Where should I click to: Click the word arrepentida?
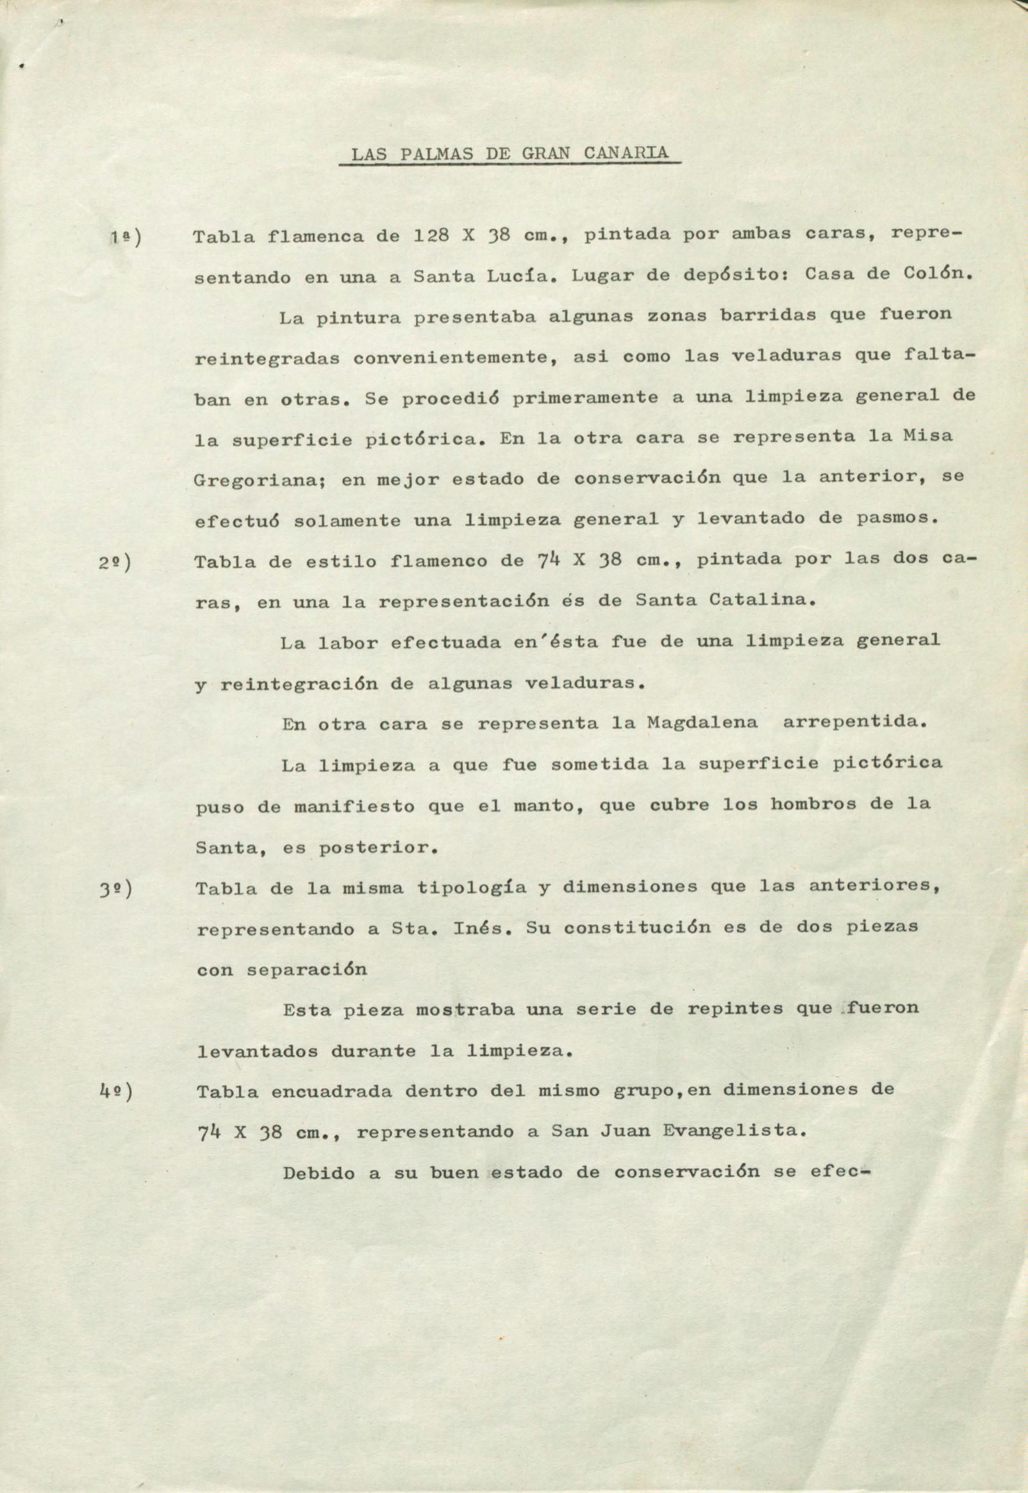pyautogui.click(x=854, y=723)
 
